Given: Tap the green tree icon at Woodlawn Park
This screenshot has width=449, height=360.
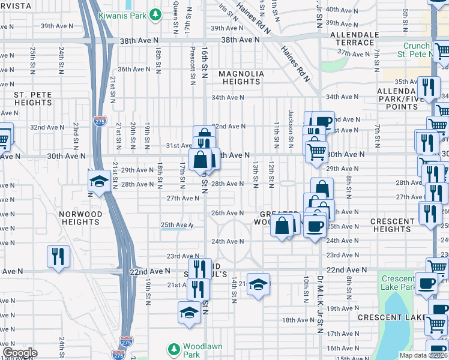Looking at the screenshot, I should coord(173,349).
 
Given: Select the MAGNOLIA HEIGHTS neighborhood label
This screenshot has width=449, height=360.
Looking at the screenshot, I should coord(241,77).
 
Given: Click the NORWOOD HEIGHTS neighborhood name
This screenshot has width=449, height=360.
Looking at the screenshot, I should coord(80,218).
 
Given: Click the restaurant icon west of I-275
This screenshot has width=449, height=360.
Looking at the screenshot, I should coord(58,257).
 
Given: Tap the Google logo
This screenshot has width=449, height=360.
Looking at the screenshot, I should coord(20,353).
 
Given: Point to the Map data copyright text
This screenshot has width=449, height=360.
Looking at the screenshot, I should coord(424,355).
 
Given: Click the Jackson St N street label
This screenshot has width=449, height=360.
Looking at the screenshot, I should coord(291,123).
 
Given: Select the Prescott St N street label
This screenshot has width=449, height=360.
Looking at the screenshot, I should coord(193,62).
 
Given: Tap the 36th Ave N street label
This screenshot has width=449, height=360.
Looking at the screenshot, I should coord(133,69).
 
